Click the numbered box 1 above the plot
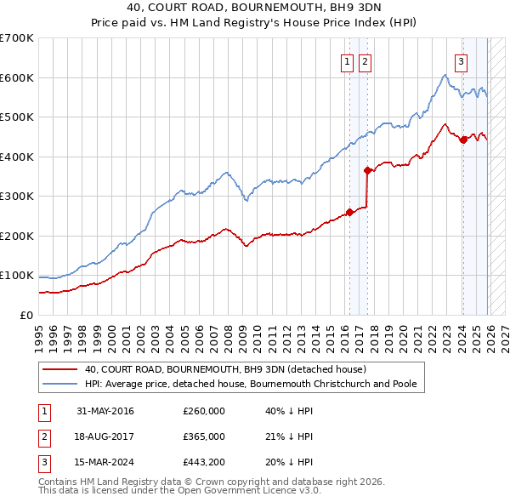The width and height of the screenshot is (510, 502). [x=348, y=61]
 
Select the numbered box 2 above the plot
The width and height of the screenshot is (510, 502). [x=365, y=61]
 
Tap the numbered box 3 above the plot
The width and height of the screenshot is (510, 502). [x=461, y=61]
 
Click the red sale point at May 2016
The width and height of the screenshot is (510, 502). [x=349, y=213]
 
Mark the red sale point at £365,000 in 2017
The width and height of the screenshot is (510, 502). [x=367, y=171]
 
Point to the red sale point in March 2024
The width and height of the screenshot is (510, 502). [x=463, y=140]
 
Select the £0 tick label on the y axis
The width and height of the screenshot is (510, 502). [x=25, y=315]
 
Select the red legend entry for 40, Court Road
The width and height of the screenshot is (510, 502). [x=225, y=369]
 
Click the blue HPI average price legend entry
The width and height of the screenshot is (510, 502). [x=251, y=385]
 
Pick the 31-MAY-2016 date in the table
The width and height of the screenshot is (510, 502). [x=105, y=411]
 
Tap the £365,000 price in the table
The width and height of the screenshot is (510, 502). [x=204, y=436]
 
